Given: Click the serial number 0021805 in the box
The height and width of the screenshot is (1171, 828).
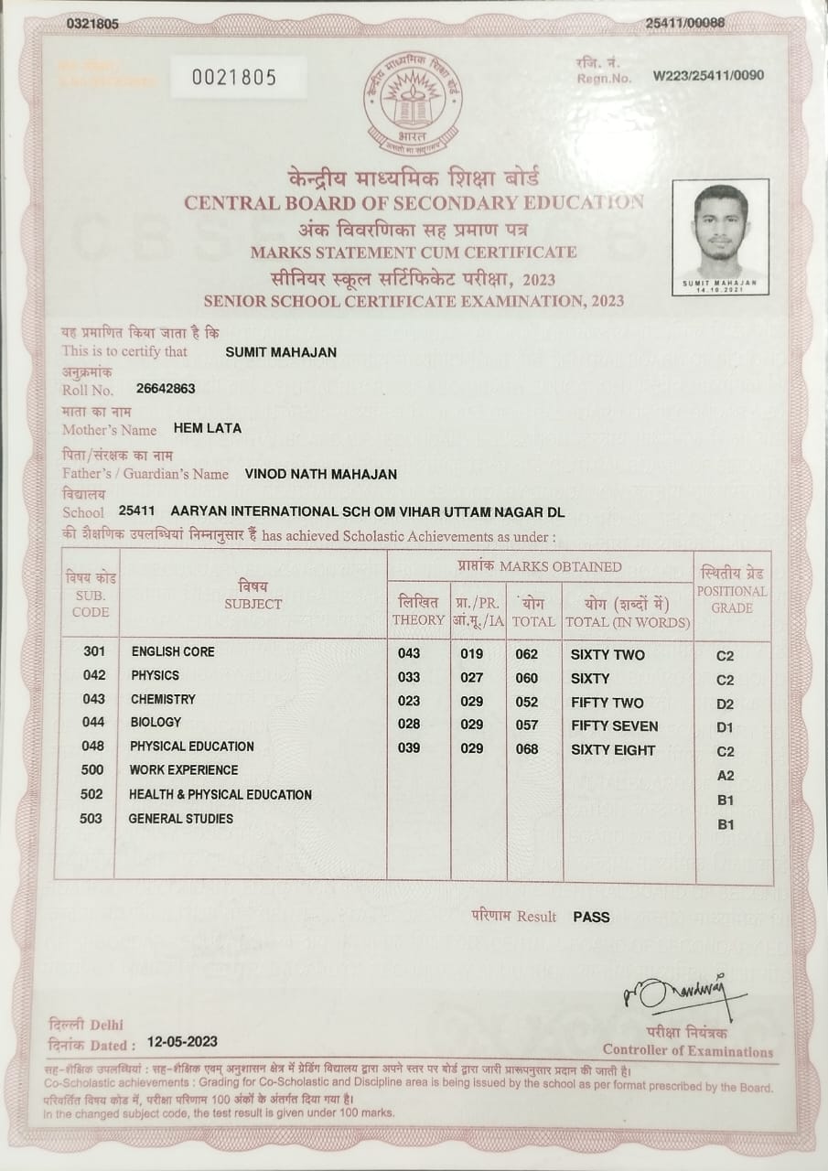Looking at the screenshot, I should tap(233, 78).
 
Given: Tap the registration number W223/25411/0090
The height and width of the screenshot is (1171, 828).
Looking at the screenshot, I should tap(708, 76).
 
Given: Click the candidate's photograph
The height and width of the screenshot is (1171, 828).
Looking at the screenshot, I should tap(720, 233).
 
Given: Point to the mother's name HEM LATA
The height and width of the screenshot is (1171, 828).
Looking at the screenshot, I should tap(208, 428).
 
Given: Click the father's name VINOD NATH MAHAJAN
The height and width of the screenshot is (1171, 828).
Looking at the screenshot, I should tap(321, 474).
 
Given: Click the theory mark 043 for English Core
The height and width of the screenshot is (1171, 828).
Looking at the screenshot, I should tap(409, 654).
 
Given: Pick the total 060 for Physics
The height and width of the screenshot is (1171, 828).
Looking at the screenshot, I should tap(527, 679).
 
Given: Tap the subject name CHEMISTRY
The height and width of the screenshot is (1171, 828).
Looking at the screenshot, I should tap(163, 699).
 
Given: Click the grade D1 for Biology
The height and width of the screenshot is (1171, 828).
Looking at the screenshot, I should tap(726, 727).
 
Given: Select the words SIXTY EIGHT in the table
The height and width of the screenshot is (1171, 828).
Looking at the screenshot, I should tap(613, 750).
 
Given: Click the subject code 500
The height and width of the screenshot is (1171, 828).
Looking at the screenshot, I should tap(92, 769).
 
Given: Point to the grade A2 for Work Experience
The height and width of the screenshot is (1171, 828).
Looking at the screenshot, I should tap(726, 776).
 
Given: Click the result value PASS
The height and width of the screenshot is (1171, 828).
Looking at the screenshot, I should tap(591, 916).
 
